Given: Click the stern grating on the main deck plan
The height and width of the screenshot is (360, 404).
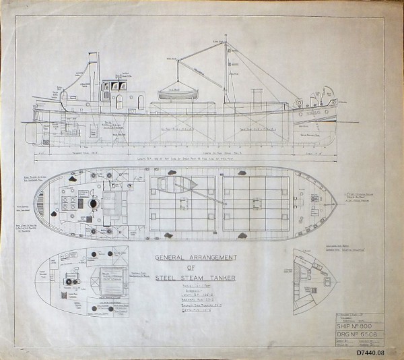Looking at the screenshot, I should click(42, 202).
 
